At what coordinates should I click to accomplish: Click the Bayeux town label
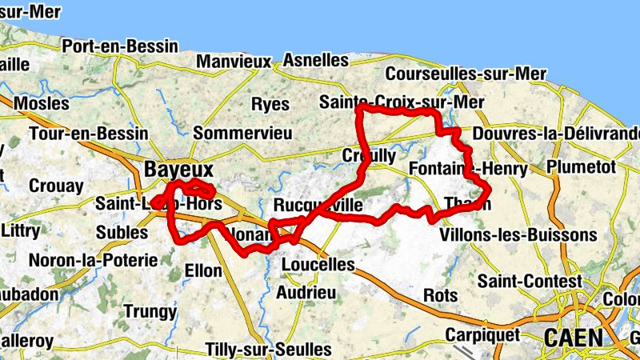[x=179, y=170]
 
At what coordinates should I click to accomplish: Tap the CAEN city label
[x=573, y=338]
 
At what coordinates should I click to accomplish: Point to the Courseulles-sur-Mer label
[x=466, y=74]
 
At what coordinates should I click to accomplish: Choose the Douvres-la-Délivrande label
[x=557, y=133]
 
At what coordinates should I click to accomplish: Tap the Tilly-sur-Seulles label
[x=268, y=350]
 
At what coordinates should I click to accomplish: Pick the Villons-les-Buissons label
[x=518, y=235]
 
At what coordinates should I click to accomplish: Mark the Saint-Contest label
[x=530, y=281]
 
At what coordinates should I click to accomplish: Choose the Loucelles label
[x=318, y=264]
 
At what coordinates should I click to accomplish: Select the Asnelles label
[x=316, y=60]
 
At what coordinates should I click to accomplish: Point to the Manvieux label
[x=234, y=61]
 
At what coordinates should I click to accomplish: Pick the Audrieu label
[x=306, y=293]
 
